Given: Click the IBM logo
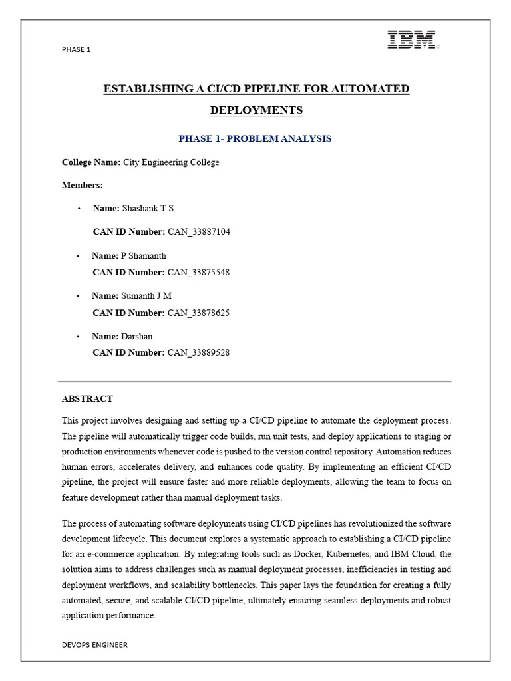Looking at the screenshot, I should pyautogui.click(x=413, y=40).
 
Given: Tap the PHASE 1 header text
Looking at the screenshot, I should pyautogui.click(x=76, y=49).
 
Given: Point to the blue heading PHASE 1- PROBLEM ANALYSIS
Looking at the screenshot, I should pyautogui.click(x=255, y=138).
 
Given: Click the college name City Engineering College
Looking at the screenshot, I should pyautogui.click(x=171, y=162).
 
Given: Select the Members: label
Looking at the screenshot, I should pyautogui.click(x=83, y=185).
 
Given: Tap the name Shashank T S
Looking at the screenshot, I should pyautogui.click(x=148, y=208).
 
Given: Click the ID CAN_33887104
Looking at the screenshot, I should pyautogui.click(x=198, y=231).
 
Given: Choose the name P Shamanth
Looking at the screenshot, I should pyautogui.click(x=143, y=255).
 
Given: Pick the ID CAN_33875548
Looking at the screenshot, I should pyautogui.click(x=198, y=272).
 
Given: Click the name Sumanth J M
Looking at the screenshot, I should pyautogui.click(x=146, y=295).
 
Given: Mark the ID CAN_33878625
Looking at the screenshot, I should pyautogui.click(x=198, y=312).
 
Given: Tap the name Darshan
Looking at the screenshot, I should pyautogui.click(x=136, y=336).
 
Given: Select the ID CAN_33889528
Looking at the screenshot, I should pyautogui.click(x=198, y=352).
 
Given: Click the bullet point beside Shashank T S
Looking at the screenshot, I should pyautogui.click(x=79, y=209).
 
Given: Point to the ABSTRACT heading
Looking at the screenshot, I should pyautogui.click(x=87, y=399).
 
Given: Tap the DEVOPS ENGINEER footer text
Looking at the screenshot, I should pyautogui.click(x=94, y=644).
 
